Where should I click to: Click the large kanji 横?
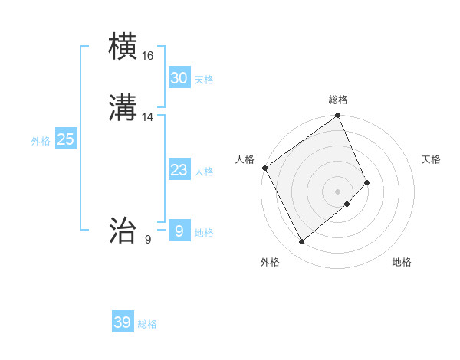(x=123, y=47)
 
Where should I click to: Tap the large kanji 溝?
(x=123, y=107)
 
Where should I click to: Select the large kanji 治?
(x=123, y=230)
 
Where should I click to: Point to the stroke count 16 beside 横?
(x=148, y=56)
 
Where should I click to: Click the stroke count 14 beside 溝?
(x=148, y=117)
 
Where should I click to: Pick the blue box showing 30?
(x=179, y=78)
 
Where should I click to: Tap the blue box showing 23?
(x=179, y=170)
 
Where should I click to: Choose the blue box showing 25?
(x=65, y=139)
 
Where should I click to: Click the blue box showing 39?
(x=122, y=322)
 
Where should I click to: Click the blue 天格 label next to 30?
(x=204, y=80)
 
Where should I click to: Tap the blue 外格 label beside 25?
(x=41, y=141)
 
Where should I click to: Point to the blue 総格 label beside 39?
(x=147, y=324)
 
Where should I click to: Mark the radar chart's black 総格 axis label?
(x=338, y=100)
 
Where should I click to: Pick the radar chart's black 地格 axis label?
(x=402, y=263)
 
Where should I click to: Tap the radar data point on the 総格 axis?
(x=338, y=116)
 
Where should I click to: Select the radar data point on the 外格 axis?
(x=301, y=242)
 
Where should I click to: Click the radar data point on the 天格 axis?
(x=367, y=182)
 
